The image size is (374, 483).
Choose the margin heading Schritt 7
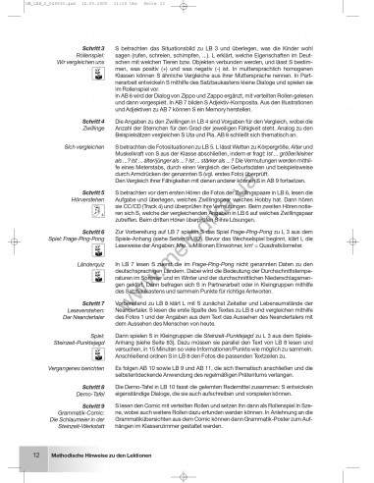pyautogui.click(x=91, y=278)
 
